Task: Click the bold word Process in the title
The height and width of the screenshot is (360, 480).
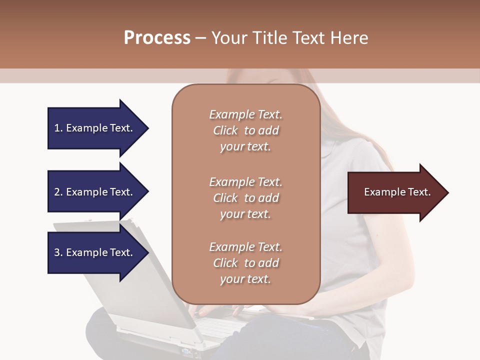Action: point(157,38)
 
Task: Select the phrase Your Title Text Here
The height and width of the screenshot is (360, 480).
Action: point(289,38)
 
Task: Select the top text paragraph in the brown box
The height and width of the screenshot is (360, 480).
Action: point(245,130)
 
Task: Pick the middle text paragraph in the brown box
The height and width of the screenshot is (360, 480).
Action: point(245,198)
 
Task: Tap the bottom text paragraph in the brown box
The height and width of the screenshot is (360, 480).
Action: point(245,263)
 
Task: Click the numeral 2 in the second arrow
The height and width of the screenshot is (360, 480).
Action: point(57,192)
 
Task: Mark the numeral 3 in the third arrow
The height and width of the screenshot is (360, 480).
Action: point(57,252)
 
